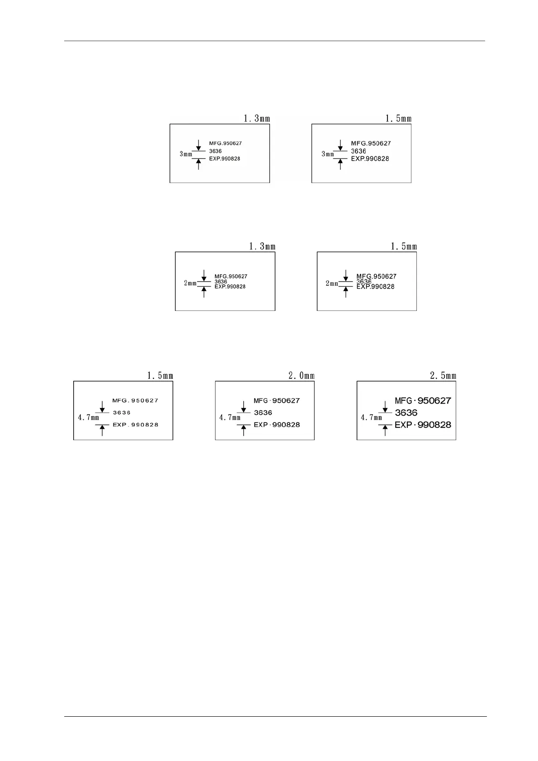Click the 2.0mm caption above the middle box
coord(302,376)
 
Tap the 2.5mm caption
coord(443,376)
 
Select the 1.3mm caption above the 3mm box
coord(257,118)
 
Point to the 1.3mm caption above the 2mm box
coord(262,246)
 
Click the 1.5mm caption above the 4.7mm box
coord(160,376)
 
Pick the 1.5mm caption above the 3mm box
coord(398,118)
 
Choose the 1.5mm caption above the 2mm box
coord(404,246)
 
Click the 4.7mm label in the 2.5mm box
coord(371,418)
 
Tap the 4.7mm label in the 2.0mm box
coord(230,418)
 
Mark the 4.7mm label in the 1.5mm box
coord(88,418)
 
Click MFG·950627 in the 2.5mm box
coord(423,400)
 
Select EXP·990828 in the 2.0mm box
coord(277,425)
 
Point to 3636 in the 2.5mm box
coord(406,413)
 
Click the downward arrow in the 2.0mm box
coord(244,406)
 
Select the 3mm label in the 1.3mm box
coord(185,154)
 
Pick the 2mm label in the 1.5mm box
coord(332,283)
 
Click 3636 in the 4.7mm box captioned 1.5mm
coord(122,413)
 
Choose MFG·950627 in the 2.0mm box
coord(277,400)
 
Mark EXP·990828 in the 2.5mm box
coord(423,425)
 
